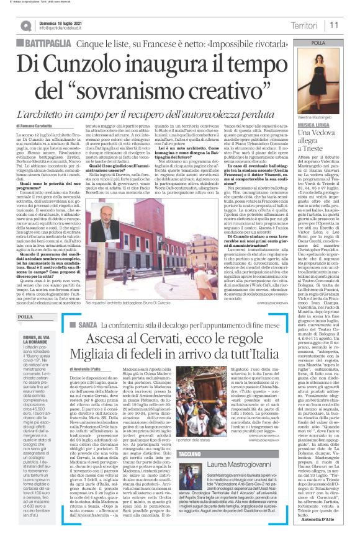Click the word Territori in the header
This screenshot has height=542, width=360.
click(305, 25)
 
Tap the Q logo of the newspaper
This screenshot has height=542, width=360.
click(25, 25)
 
